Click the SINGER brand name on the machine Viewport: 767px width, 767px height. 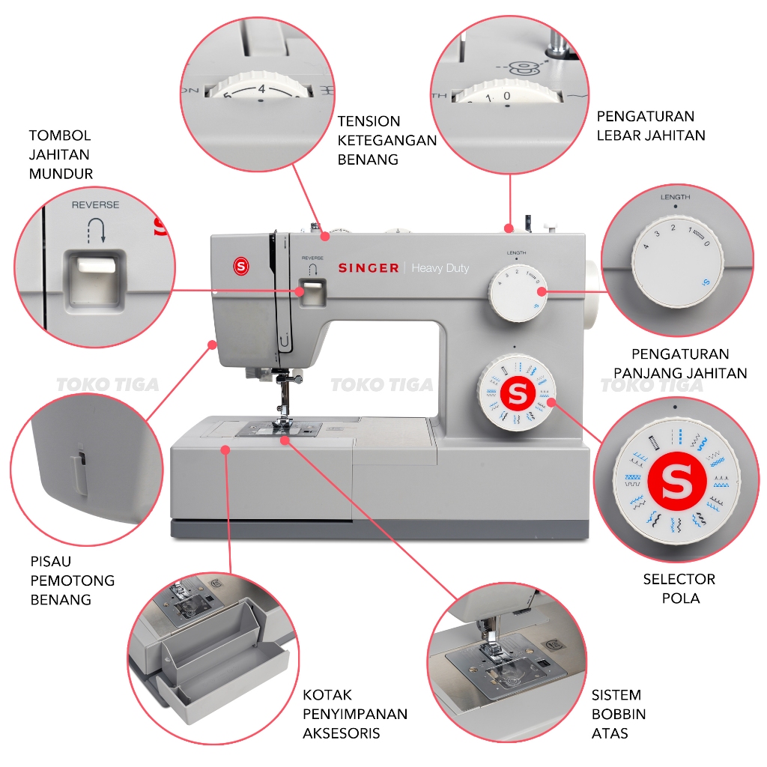[369, 268]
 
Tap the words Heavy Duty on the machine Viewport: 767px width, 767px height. [440, 268]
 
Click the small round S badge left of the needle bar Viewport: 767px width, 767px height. [241, 267]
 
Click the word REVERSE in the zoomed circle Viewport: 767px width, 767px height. [95, 205]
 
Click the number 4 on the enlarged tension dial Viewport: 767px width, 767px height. [261, 89]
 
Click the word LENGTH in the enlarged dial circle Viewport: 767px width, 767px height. [675, 197]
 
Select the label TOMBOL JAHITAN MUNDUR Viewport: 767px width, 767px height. [61, 154]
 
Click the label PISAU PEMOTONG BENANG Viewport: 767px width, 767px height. [73, 580]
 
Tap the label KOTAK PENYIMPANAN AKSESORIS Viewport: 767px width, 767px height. [354, 714]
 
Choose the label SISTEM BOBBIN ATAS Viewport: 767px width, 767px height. [618, 714]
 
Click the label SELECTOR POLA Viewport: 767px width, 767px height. [679, 589]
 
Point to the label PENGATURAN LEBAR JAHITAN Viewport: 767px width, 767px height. [651, 126]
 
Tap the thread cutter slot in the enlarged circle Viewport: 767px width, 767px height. [79, 470]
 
